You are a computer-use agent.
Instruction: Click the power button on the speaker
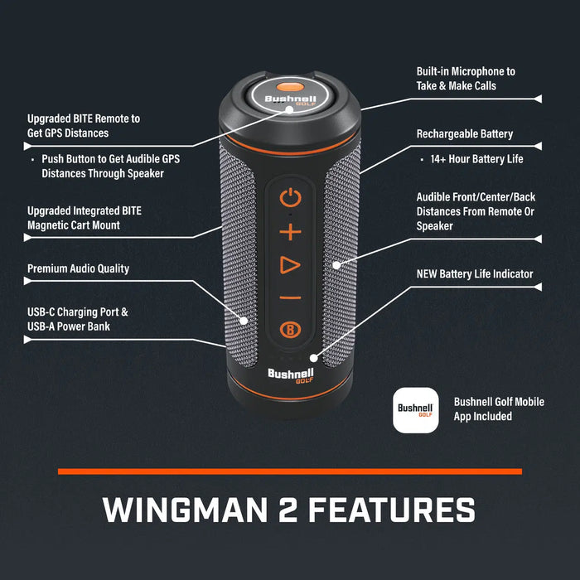coord(289,198)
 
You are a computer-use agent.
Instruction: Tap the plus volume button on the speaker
coord(289,232)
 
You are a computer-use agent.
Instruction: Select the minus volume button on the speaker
coord(289,298)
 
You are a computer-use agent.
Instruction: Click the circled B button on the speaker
coord(289,331)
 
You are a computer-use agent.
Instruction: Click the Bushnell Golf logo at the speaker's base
coord(289,377)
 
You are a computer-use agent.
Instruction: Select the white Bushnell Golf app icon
coord(415,409)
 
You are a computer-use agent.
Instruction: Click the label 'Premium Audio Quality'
coord(78,268)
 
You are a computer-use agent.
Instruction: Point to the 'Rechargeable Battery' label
coord(464,134)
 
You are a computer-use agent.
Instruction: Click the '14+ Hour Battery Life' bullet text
coord(476,159)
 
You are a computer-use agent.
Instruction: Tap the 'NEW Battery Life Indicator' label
coord(475,273)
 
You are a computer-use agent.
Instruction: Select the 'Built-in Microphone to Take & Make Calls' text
coord(465,79)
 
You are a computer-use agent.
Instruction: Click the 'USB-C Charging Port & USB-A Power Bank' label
coord(78,320)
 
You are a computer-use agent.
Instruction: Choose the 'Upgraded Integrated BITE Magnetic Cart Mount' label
coord(85,218)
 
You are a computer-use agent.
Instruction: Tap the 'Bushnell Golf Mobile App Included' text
coord(499,408)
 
